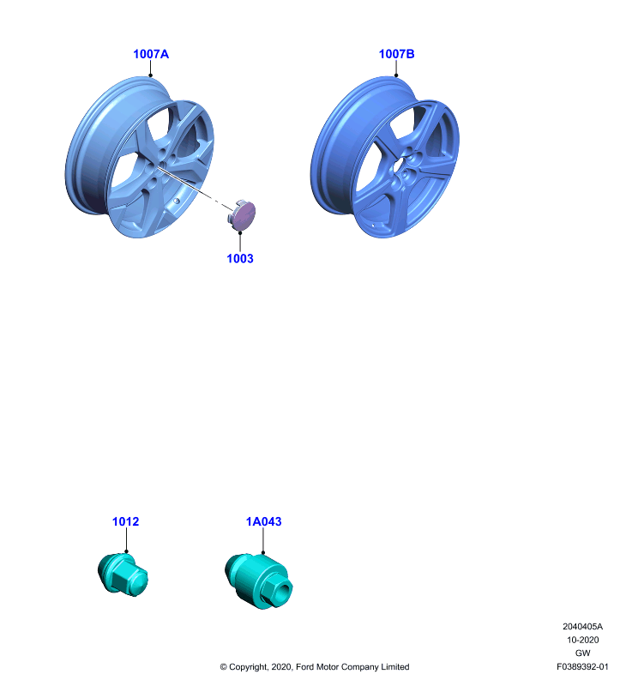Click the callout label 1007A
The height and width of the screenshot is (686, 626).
point(150,54)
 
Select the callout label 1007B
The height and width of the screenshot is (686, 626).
point(396,54)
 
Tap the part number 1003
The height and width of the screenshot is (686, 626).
point(240,259)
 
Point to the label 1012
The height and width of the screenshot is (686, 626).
point(125,521)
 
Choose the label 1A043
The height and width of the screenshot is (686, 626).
point(263,521)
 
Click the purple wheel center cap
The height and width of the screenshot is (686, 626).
point(242,215)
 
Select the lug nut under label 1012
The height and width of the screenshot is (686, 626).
point(123,574)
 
